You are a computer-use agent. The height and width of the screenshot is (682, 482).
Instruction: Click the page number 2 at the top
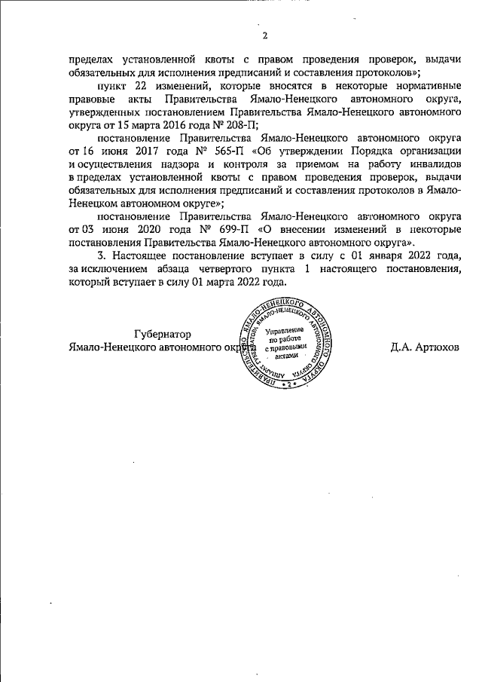(x=265, y=35)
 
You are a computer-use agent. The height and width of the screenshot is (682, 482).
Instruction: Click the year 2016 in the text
(x=164, y=126)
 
